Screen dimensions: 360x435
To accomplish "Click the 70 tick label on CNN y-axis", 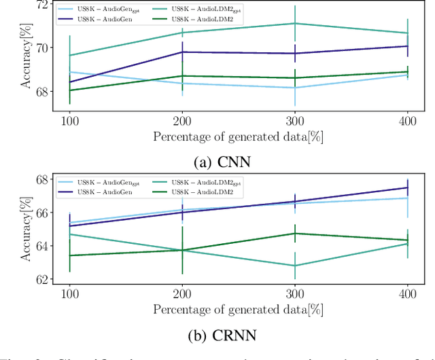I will coord(42,48).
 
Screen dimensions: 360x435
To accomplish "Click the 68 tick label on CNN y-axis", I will coord(42,91).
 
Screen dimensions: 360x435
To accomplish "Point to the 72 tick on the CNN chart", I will coord(42,5).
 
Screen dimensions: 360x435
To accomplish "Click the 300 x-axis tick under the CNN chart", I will coord(294,119).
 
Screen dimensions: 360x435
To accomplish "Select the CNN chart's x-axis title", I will coord(238,134).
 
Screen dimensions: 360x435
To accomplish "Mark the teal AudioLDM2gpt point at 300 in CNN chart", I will coord(294,24).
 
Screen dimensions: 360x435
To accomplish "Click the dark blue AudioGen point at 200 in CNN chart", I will coord(182,52).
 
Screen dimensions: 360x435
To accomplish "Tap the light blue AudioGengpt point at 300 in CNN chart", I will coord(294,88).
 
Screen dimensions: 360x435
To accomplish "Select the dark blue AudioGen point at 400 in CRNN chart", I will coord(406,187).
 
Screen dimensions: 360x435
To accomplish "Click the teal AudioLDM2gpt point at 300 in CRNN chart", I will coord(294,266).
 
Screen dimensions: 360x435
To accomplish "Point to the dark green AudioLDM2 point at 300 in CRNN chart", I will coord(294,233).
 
